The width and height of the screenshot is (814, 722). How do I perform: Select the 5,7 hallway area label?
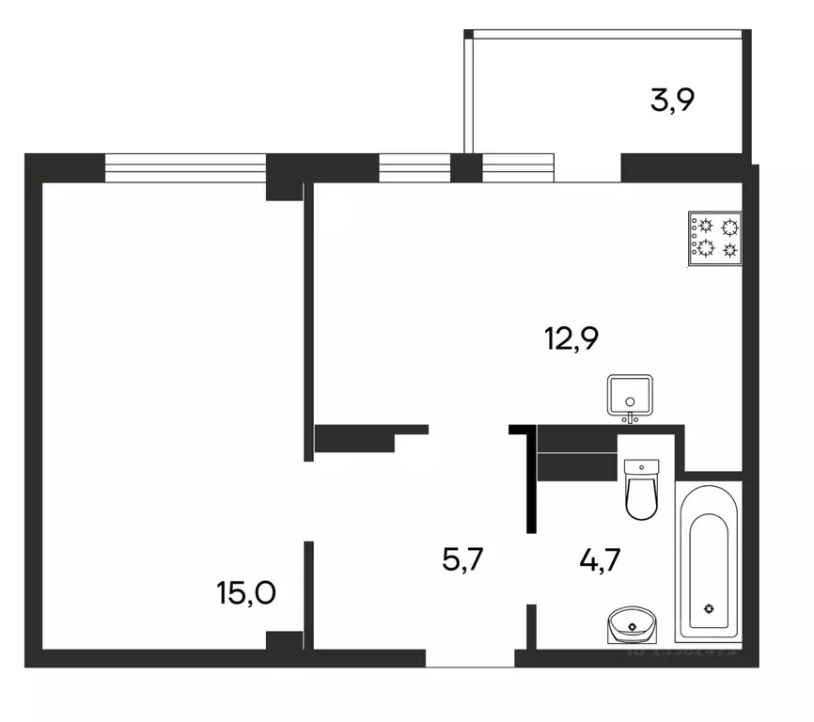coord(464,560)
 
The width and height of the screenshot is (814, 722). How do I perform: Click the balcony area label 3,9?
coord(673,100)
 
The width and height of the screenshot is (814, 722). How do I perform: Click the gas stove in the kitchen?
coord(716,238)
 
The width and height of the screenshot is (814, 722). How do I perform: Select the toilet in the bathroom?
coord(643,491)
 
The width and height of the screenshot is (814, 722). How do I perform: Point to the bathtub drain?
coord(711,607)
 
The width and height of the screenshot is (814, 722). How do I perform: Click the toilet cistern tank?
coord(643,467)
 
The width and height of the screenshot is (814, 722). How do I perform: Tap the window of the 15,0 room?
coord(185,166)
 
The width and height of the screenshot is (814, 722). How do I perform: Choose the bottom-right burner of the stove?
coord(728,249)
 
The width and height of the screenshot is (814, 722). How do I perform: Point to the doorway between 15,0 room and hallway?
coord(308,500)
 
